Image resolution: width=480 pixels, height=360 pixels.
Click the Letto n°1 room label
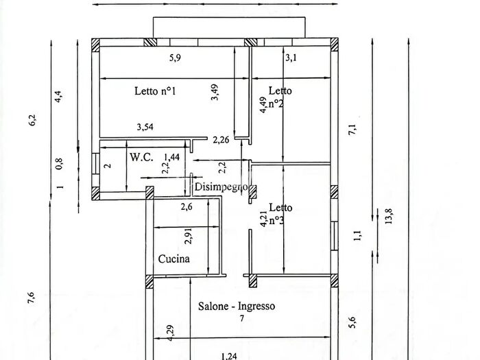point(155,91)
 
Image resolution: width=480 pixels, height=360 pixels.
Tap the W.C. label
point(141,157)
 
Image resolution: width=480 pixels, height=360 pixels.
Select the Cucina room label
point(174,259)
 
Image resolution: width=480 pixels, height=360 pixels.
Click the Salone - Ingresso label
point(237,306)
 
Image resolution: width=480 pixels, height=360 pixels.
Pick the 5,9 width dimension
point(175,58)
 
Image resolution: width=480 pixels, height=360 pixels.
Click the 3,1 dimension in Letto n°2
point(291,58)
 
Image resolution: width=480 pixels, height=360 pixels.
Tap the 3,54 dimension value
point(145,127)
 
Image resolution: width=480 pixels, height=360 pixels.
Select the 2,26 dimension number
point(221,140)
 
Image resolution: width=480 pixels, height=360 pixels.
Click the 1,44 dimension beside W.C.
point(171,157)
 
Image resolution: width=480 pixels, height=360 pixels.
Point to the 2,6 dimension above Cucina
point(187,207)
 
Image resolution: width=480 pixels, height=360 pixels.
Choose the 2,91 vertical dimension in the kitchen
point(189,236)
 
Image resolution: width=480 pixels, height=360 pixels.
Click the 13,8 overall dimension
point(389,216)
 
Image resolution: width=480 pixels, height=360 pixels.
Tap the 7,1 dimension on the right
point(352,130)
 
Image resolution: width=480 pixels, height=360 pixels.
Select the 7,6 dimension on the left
point(31,298)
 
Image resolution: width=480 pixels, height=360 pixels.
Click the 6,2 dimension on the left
point(32,120)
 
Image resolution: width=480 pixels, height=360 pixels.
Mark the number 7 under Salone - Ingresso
point(242,319)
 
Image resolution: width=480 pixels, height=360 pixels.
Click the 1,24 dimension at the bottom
point(228,356)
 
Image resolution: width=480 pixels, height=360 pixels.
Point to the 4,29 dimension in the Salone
point(171,333)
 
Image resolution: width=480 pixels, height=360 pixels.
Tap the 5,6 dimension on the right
point(352,322)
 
